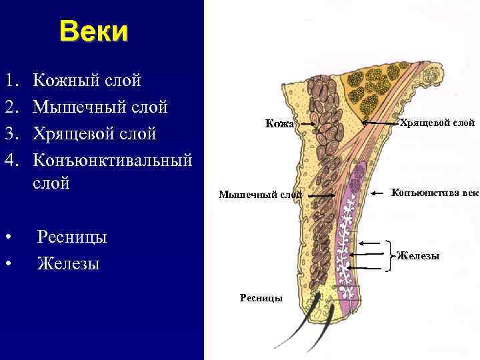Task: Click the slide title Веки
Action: click(x=93, y=31)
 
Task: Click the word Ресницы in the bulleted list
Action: click(x=72, y=237)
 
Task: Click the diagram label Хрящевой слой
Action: click(x=437, y=123)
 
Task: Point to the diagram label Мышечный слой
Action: click(x=261, y=195)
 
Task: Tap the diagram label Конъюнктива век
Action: click(x=435, y=193)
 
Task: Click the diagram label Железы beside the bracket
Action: click(x=418, y=255)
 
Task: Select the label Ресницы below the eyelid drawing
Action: click(x=261, y=297)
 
